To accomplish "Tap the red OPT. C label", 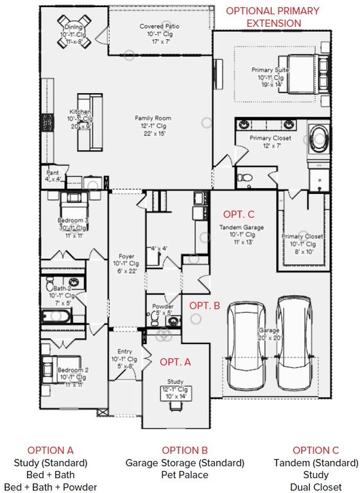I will [x=239, y=214].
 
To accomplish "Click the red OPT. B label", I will [x=205, y=306].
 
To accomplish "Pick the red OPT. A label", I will [x=175, y=362].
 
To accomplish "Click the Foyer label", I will [x=126, y=263].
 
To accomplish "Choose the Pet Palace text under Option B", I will [x=184, y=475].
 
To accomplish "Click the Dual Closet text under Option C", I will [x=315, y=487].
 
